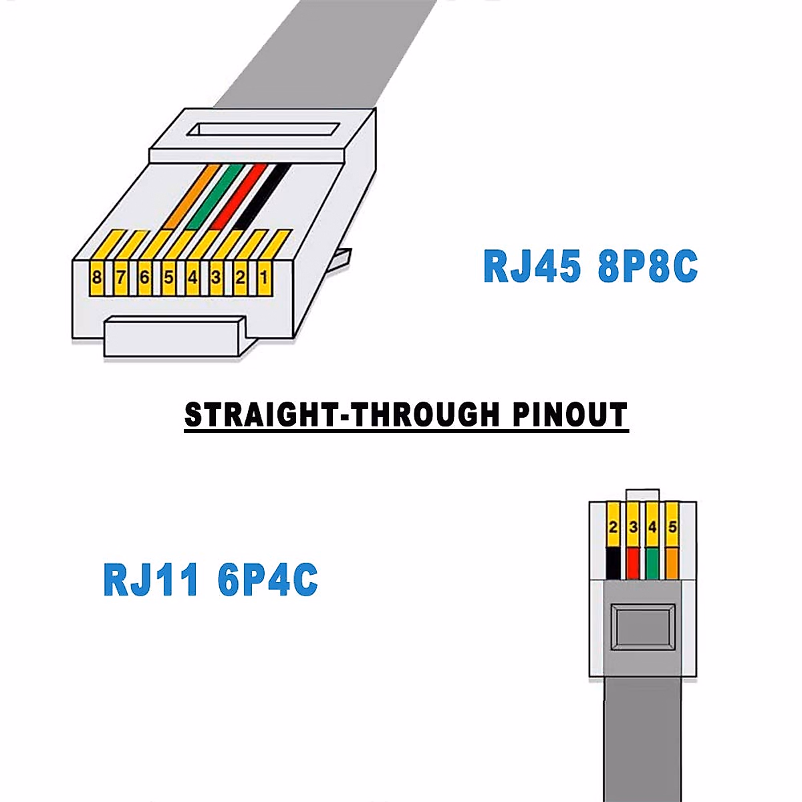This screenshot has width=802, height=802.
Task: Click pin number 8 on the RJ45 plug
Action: coord(98,277)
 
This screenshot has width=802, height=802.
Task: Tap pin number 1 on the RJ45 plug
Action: coord(263,277)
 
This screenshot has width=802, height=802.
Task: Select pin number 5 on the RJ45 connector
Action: coord(168,277)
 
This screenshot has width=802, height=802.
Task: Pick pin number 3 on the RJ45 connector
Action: coord(216,277)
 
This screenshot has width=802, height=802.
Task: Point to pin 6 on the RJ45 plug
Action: coord(144,277)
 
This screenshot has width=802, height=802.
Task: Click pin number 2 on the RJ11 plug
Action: coord(613,528)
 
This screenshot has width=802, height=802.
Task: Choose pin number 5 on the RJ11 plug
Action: coord(672,528)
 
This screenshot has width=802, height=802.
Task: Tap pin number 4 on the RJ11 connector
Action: coord(652,528)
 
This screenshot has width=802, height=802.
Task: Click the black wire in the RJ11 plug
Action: coord(613,563)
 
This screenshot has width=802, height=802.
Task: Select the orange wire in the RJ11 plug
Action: coord(672,563)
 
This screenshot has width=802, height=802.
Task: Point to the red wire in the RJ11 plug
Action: coord(633,563)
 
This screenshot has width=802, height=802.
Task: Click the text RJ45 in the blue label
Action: coord(532,266)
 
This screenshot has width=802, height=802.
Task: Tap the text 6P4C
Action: coord(267,579)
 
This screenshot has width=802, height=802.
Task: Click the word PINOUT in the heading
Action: coord(570,414)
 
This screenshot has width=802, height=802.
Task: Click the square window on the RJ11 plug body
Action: coord(644,627)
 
